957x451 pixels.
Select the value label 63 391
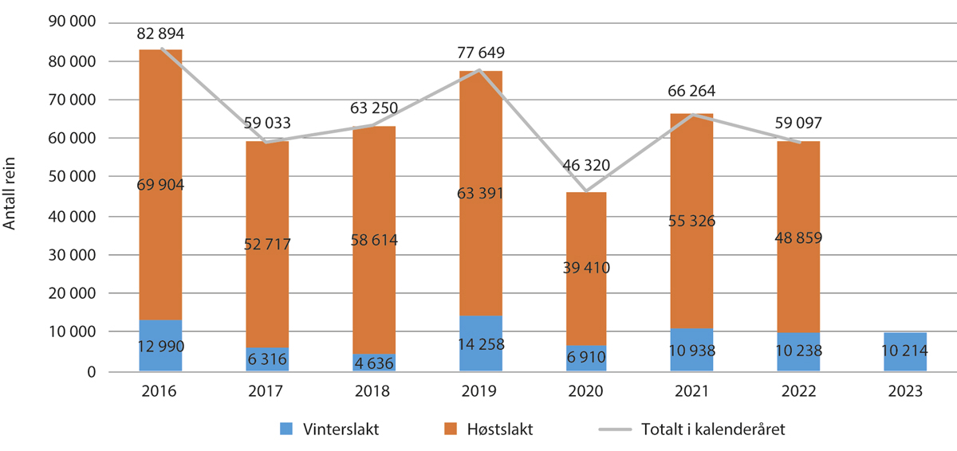tap(481, 194)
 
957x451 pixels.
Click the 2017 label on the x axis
tap(267, 392)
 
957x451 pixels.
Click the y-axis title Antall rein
tap(11, 196)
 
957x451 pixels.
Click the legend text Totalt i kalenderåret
tap(711, 429)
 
